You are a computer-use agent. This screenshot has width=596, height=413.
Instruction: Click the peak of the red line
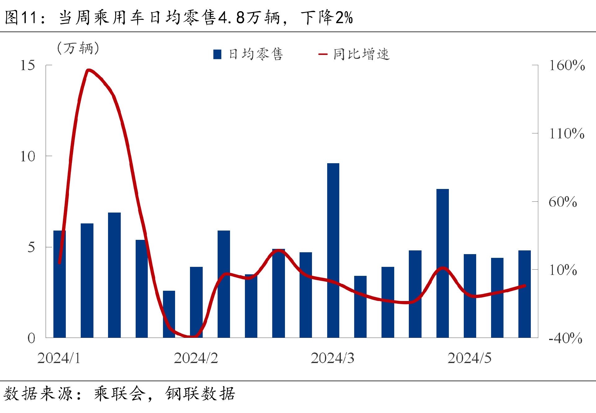[x=89, y=70]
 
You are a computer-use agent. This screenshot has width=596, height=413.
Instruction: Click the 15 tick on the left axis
[x=28, y=65]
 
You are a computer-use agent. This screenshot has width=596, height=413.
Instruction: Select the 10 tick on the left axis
[x=28, y=156]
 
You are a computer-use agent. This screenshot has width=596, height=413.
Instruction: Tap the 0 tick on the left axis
[x=31, y=338]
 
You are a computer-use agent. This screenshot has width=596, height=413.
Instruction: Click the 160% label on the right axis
[x=567, y=65]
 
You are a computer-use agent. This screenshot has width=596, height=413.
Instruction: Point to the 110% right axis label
[x=567, y=134]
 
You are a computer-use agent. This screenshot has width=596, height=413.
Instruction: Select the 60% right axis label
[x=562, y=202]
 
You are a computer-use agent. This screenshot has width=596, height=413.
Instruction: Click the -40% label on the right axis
[x=565, y=338]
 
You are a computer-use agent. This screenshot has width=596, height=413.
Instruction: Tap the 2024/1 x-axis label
[x=59, y=358]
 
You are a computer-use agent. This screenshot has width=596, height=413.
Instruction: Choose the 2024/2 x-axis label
[x=196, y=358]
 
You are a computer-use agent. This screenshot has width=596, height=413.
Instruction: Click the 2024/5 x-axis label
[x=469, y=358]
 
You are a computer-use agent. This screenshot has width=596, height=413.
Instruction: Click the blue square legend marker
[x=217, y=54]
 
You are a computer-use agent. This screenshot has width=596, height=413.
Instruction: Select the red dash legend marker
[x=323, y=54]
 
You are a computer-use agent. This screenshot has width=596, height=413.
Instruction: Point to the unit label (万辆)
[x=78, y=48]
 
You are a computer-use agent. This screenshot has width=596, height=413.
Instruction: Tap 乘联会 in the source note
[x=120, y=394]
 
